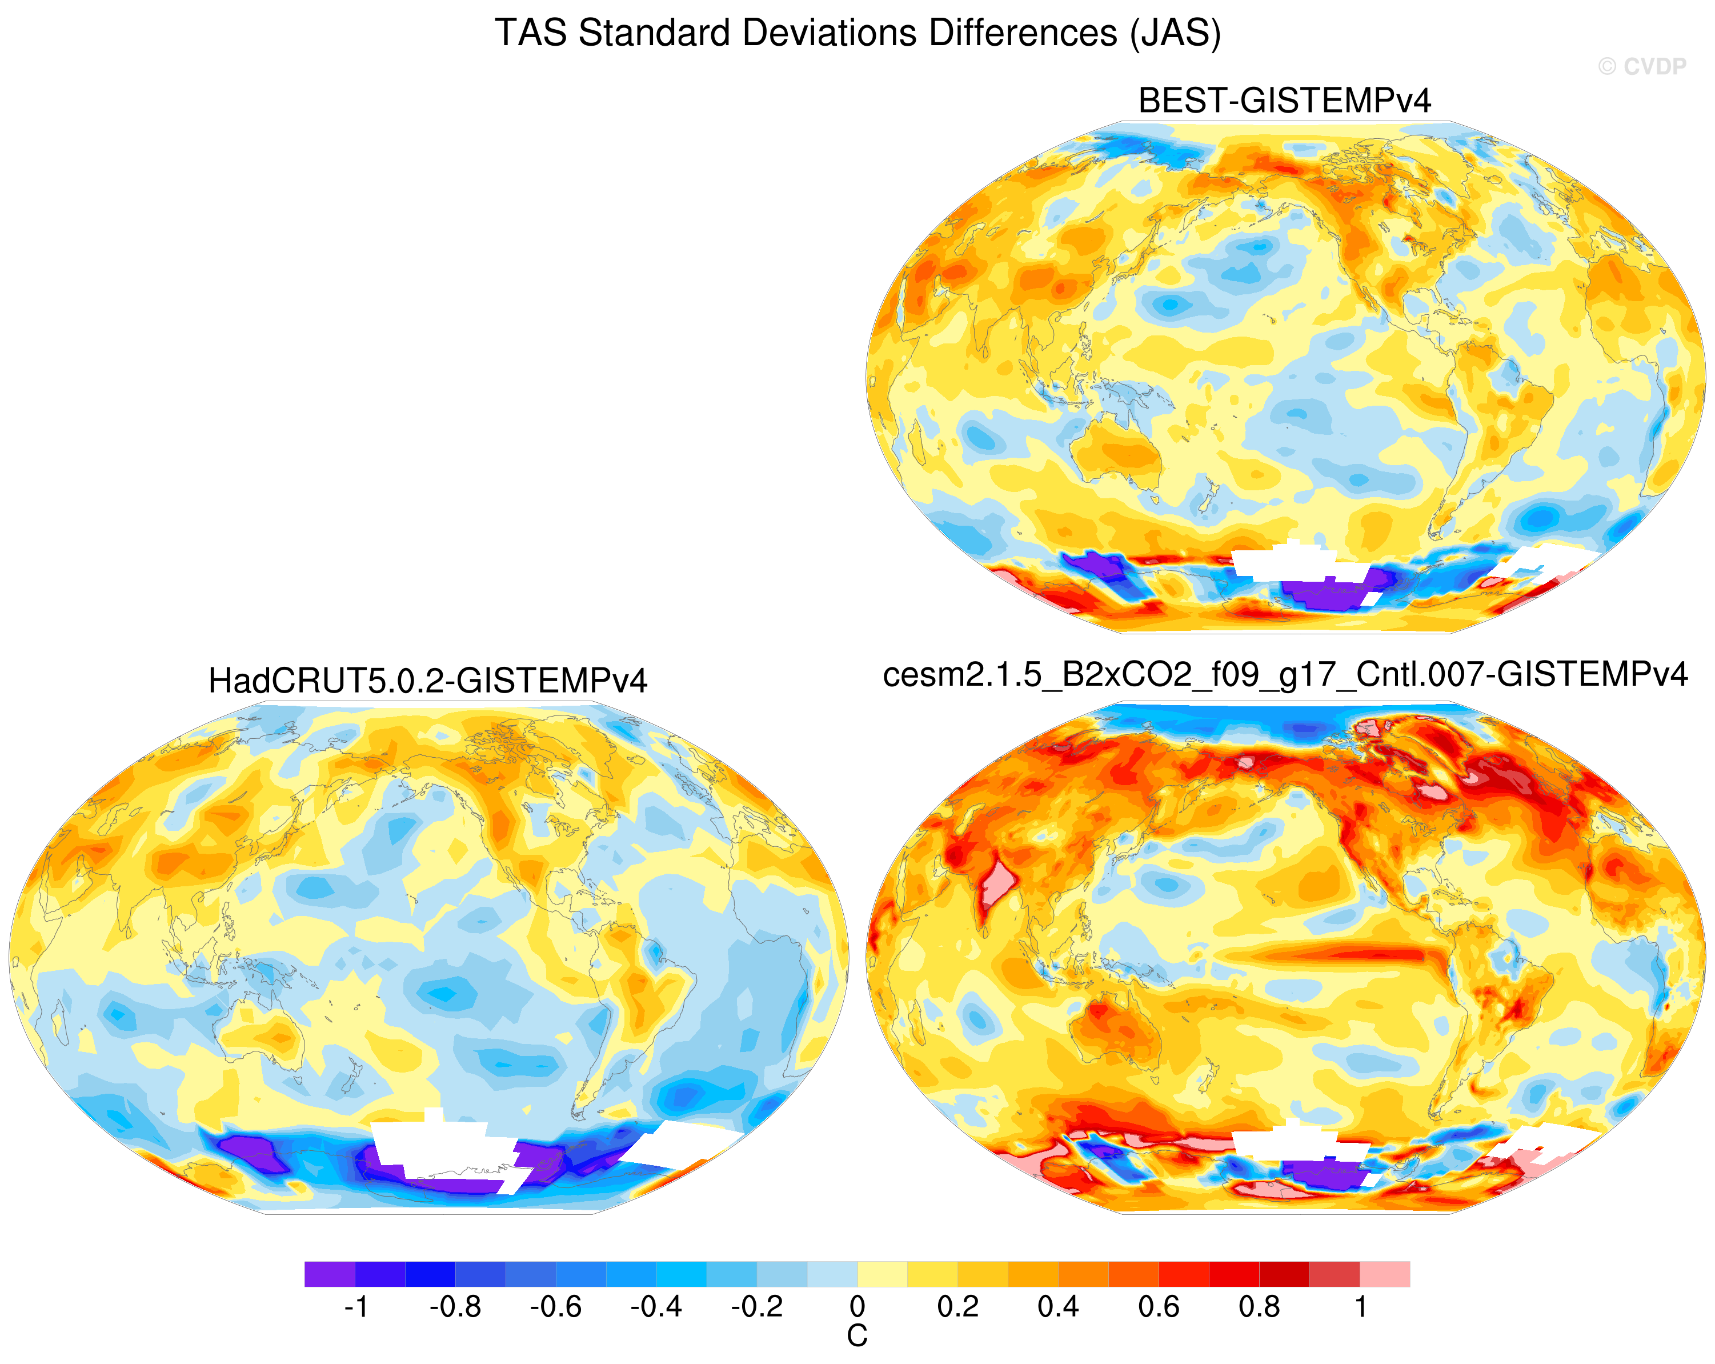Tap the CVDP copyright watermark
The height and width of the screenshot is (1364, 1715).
1642,67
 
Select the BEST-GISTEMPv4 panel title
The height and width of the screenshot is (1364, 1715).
1285,101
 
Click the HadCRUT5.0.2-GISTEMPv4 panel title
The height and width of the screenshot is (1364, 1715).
428,681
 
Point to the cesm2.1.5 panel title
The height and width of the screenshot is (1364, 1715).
1285,675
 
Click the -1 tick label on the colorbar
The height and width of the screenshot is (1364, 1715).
355,1307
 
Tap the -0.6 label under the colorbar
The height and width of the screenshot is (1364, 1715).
556,1307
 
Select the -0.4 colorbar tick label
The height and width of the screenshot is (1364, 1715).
656,1307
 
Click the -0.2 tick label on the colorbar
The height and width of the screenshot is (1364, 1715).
758,1307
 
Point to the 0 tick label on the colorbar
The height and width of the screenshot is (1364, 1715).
857,1307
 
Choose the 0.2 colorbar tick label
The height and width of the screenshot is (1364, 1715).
957,1307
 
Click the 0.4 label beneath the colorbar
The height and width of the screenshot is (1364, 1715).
1058,1307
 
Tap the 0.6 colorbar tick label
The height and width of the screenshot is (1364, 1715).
1159,1307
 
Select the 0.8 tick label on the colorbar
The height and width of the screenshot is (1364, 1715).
1259,1307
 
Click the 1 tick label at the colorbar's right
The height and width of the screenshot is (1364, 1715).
1361,1307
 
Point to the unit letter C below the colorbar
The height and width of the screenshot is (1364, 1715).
857,1336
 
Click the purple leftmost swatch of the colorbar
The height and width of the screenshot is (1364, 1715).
329,1274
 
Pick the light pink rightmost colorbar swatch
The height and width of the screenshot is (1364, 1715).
1385,1274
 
